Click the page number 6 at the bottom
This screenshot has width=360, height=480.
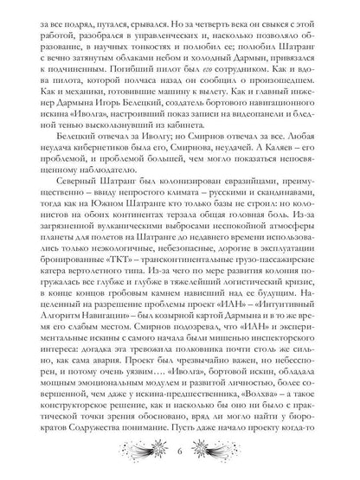[x=179, y=455]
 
